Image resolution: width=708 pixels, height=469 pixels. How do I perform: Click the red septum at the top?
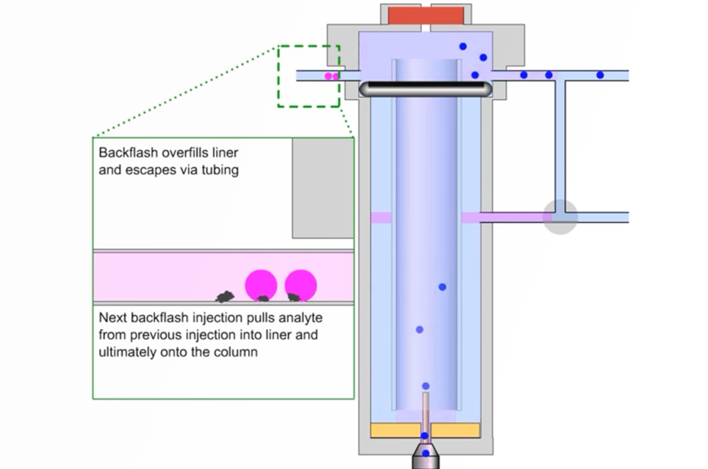point(426,16)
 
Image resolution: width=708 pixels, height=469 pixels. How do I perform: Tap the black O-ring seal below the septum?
point(426,89)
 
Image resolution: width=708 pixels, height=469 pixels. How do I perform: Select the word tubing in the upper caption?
point(220,170)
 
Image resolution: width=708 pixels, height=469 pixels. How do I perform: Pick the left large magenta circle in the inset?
point(261,284)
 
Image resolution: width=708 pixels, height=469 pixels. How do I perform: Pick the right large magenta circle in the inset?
point(301,284)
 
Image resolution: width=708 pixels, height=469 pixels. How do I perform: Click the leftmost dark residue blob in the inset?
point(225,296)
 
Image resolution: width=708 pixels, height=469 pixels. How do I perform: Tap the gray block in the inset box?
point(323,188)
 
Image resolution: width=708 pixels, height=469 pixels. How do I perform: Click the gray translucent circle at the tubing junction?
point(560,217)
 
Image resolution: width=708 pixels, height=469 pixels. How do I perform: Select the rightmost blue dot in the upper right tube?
point(600,75)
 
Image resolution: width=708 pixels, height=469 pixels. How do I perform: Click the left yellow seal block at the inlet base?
point(395,431)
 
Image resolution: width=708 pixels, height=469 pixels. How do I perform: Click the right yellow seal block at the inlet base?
point(456,431)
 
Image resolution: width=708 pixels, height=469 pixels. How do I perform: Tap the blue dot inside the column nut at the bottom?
point(426,454)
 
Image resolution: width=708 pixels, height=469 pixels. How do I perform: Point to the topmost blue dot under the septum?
point(463,46)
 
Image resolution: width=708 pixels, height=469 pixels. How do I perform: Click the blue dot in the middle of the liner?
point(442,287)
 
